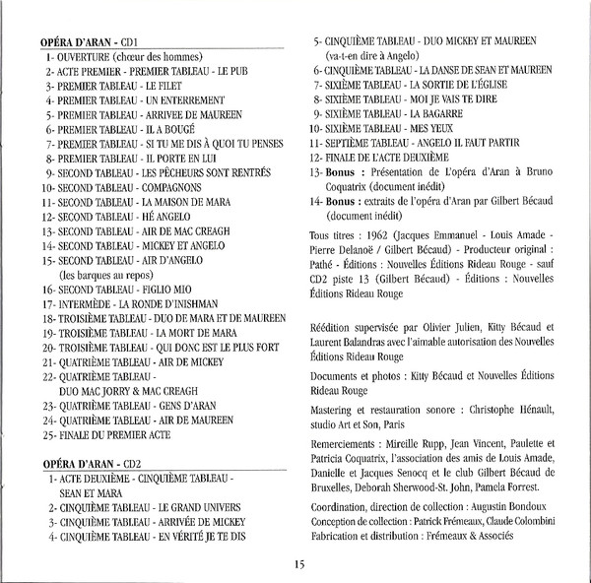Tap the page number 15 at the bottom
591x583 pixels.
[299, 563]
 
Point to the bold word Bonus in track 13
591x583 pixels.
[344, 171]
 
